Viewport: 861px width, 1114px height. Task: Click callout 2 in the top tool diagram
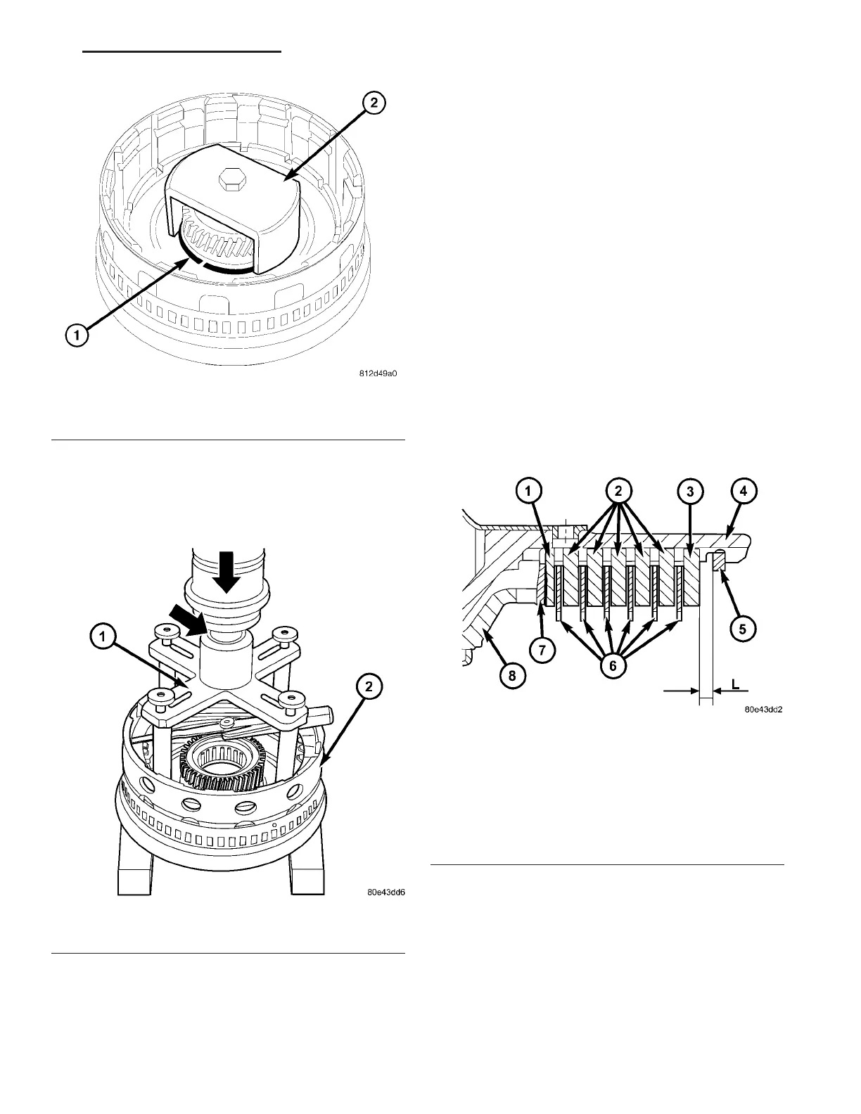click(x=374, y=103)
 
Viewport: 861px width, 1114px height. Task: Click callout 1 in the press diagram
click(x=103, y=639)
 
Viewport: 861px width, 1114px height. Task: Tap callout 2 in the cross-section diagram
click(x=618, y=492)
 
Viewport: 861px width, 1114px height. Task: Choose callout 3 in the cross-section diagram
click(x=690, y=492)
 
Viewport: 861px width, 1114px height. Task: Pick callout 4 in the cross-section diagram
click(x=744, y=492)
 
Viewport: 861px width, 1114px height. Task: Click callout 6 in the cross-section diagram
click(x=612, y=665)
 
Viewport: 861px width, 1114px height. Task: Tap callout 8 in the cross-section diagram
click(x=511, y=676)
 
